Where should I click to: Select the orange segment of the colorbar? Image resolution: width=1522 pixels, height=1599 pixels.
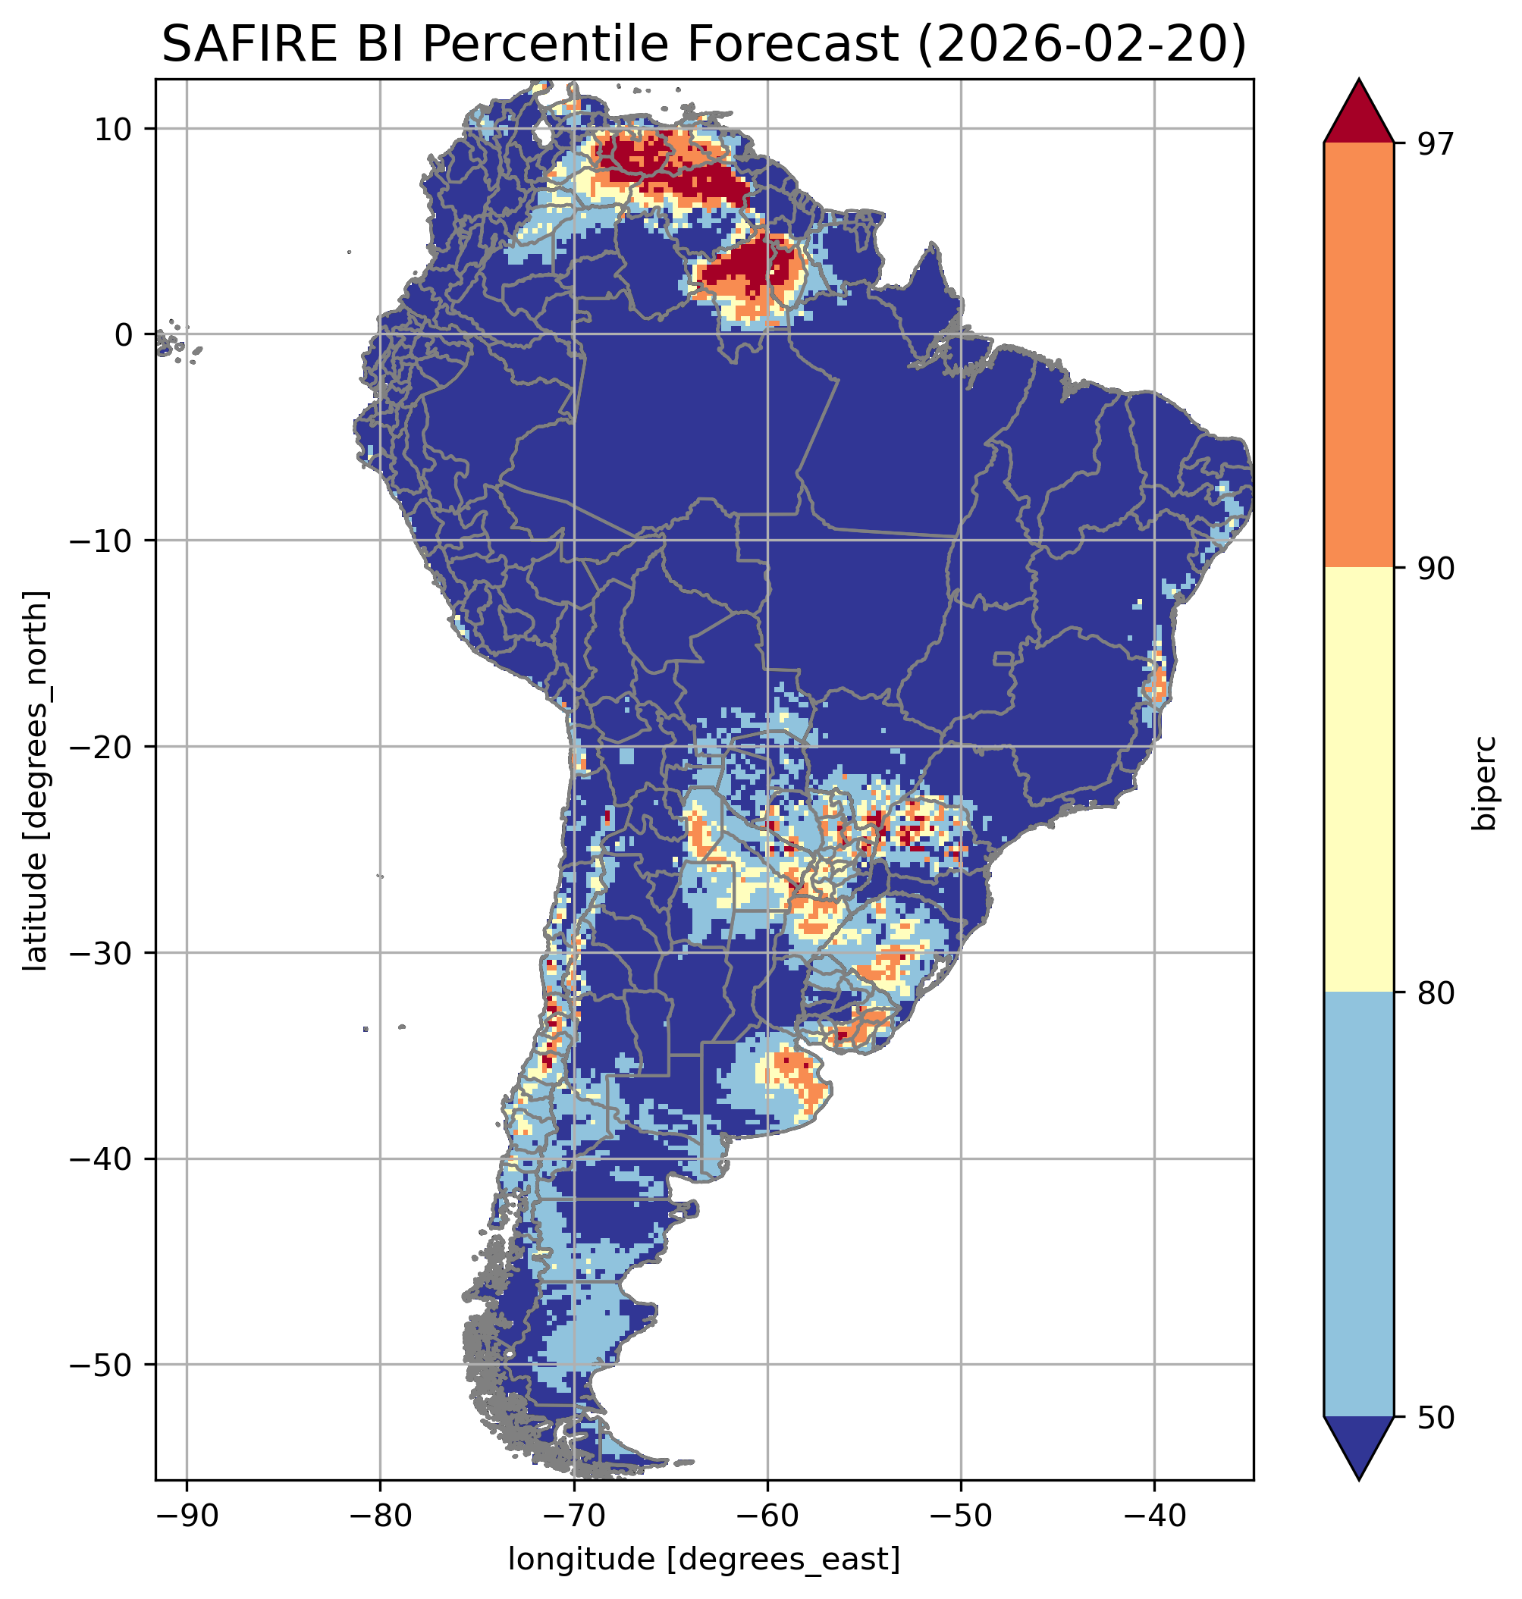(1358, 356)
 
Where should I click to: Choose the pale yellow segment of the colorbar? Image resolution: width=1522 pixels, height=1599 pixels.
(1358, 779)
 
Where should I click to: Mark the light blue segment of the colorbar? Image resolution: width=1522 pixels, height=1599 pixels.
(1358, 1205)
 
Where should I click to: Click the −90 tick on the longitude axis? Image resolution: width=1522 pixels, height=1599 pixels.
(187, 1515)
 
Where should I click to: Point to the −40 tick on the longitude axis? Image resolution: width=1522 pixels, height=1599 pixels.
(1154, 1515)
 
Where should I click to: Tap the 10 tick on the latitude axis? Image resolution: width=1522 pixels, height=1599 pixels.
(114, 129)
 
